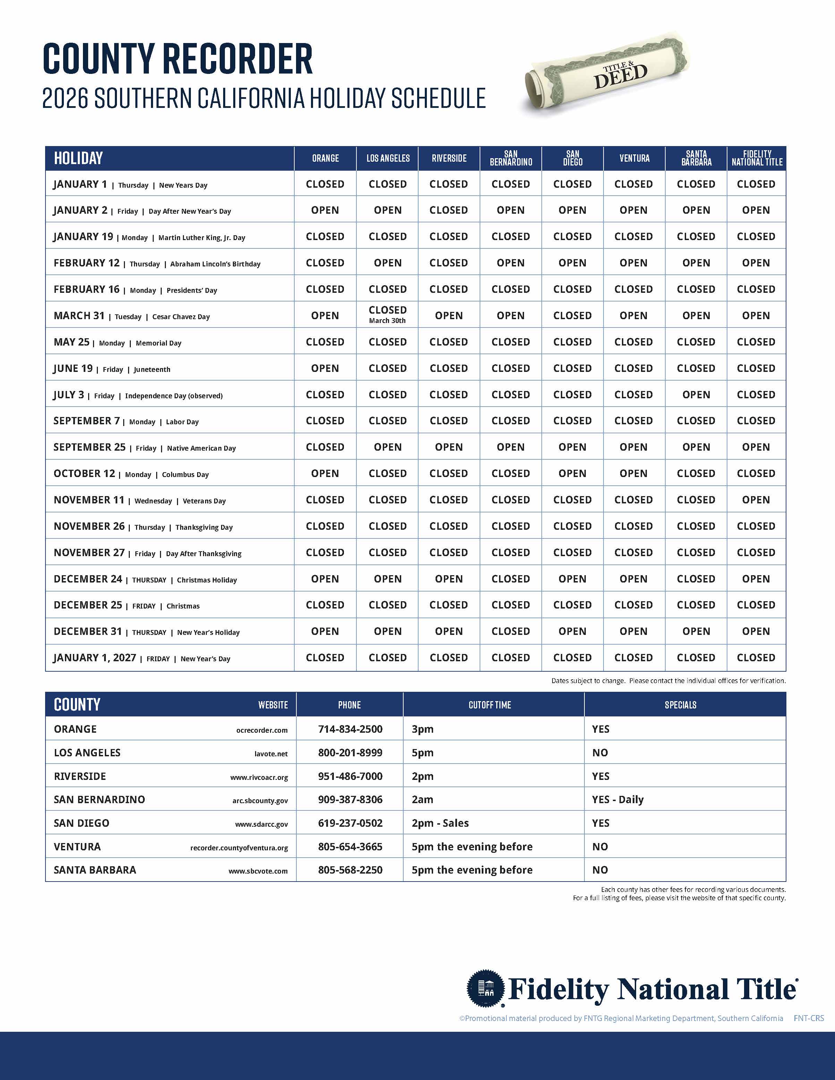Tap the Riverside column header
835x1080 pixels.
449,158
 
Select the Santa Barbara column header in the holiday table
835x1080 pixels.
696,158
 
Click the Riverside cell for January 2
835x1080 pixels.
449,210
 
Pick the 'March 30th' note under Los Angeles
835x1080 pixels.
387,321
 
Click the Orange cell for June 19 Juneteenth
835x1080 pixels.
325,368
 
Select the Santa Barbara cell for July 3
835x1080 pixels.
696,394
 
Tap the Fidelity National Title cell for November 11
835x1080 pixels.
756,500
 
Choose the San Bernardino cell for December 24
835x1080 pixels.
511,579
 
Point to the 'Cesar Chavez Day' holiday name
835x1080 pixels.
181,317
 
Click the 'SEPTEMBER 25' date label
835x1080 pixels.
90,447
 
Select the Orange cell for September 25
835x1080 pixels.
325,447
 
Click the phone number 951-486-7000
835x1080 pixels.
350,776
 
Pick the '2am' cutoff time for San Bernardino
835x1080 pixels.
422,800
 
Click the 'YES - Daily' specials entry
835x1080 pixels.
618,800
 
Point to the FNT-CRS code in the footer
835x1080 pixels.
809,1018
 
